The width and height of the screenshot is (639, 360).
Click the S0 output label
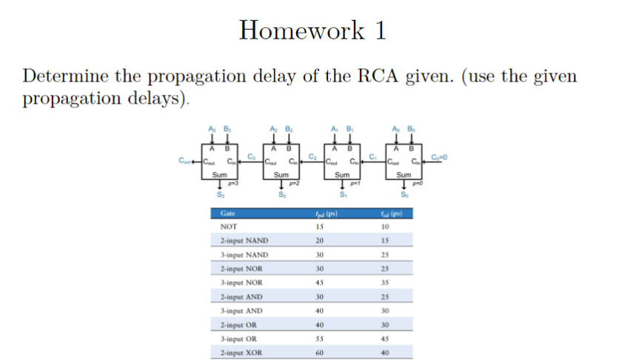(x=403, y=195)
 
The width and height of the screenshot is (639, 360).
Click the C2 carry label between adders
(x=313, y=155)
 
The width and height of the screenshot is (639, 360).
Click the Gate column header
(x=229, y=214)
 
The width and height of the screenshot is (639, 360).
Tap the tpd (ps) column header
(x=327, y=214)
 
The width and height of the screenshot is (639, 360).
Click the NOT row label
(x=229, y=227)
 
